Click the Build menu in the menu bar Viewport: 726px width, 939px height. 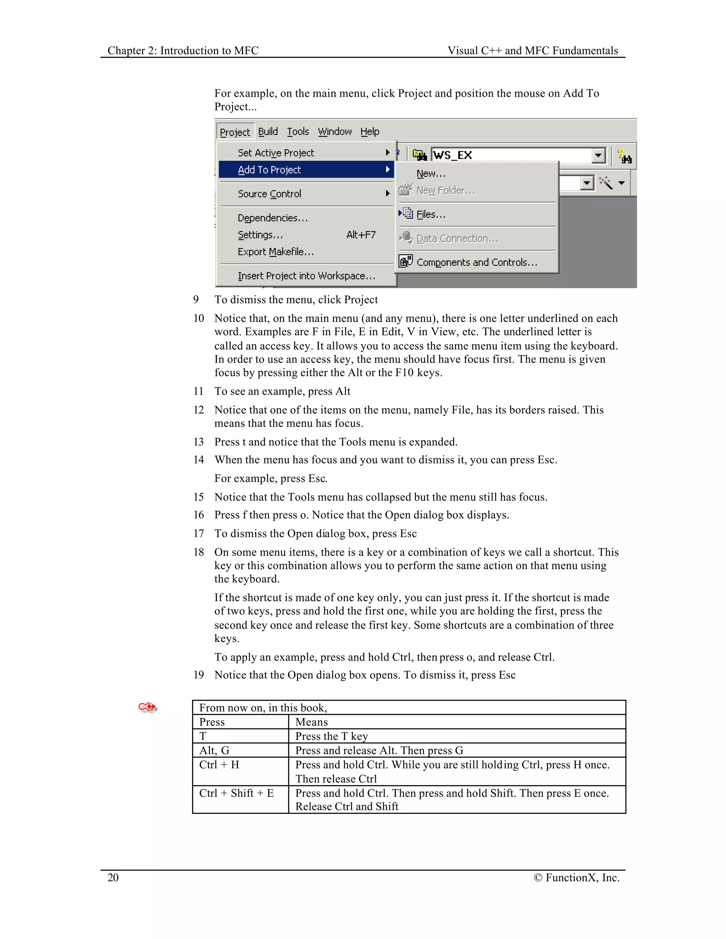pos(268,131)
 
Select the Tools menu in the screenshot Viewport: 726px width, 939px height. pos(298,131)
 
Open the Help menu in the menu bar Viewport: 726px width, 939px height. pos(370,131)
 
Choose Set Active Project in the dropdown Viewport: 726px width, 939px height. pos(276,153)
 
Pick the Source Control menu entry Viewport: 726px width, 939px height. pos(269,194)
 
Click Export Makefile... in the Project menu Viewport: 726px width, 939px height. pos(276,252)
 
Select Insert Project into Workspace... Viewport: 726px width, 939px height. pos(306,276)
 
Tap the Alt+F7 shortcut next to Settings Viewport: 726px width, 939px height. pos(361,235)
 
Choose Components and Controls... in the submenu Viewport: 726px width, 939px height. pos(476,262)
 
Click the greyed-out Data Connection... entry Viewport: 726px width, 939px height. pos(457,238)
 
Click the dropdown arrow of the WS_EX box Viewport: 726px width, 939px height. pos(598,155)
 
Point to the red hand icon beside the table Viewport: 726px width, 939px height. pos(147,707)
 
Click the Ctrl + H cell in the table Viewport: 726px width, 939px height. pos(219,765)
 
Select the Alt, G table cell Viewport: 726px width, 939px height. pos(214,751)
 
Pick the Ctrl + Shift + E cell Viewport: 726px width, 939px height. pos(236,793)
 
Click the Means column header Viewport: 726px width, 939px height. pos(311,722)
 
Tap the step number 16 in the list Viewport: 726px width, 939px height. pos(198,515)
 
